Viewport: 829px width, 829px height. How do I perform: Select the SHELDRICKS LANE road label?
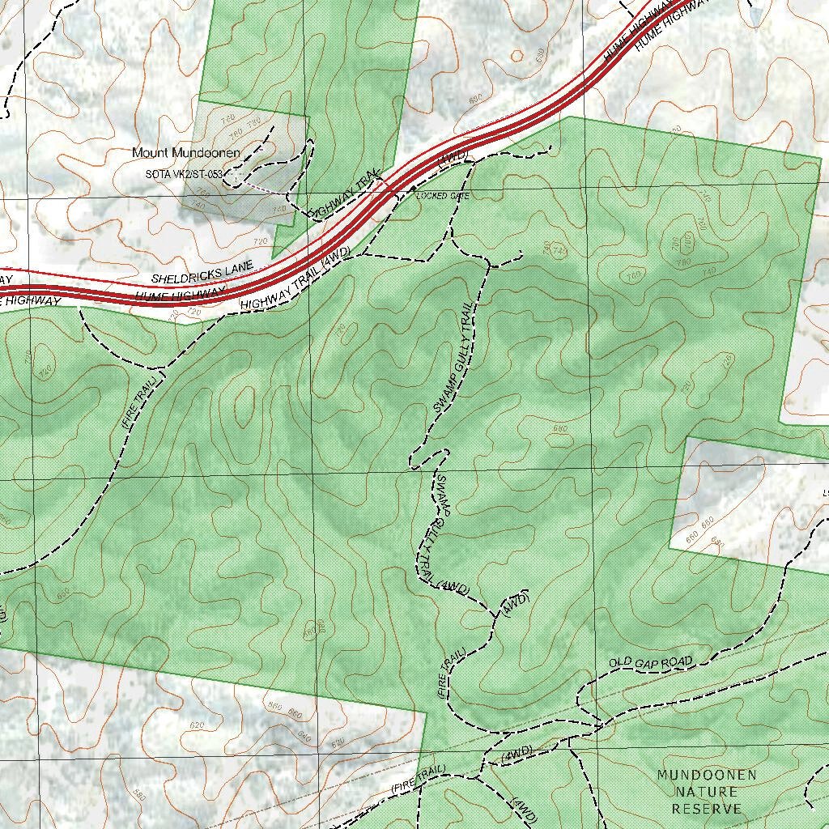202,272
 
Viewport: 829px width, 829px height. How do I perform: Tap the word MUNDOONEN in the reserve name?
707,776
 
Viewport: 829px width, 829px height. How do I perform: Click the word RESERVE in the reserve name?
707,809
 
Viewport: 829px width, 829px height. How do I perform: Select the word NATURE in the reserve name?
707,792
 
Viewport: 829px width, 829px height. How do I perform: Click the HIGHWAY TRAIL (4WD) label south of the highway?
295,280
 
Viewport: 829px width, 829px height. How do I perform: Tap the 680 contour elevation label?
559,428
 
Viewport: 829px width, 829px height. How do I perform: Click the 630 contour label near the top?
540,55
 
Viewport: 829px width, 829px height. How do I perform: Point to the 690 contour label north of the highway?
475,98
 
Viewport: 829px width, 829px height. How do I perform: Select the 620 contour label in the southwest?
197,725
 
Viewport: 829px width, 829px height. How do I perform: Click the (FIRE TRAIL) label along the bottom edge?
418,779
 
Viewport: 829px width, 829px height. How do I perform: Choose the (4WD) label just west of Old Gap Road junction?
516,752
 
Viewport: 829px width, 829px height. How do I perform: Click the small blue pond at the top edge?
756,12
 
